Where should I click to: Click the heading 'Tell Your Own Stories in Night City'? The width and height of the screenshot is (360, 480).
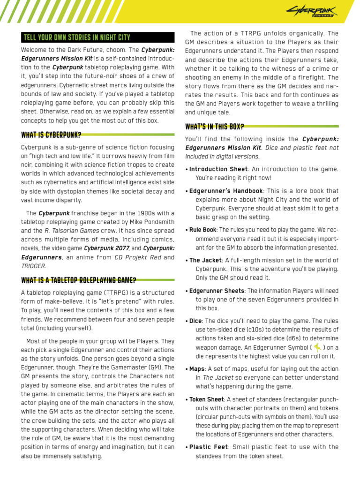tap(77, 37)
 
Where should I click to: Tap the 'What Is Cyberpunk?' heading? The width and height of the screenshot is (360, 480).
tap(51, 135)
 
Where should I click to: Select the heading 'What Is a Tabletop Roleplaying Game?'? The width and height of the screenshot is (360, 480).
tap(79, 280)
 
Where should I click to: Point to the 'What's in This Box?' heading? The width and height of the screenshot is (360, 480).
tap(214, 127)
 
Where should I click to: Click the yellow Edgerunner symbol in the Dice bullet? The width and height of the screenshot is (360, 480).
tap(317, 347)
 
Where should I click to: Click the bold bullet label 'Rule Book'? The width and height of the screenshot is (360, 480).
tap(202, 230)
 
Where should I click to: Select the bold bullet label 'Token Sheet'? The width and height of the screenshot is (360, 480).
tap(206, 399)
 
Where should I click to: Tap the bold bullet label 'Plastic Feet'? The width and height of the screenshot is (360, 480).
tap(208, 447)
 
